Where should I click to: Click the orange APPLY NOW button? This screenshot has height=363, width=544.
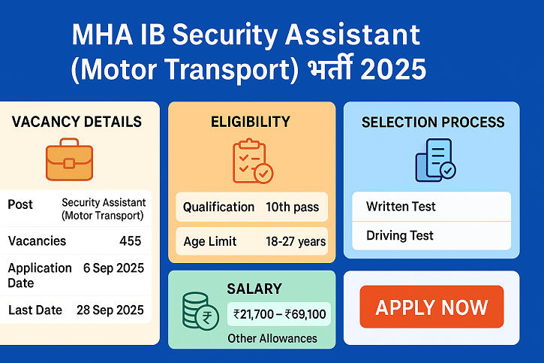pos(431,307)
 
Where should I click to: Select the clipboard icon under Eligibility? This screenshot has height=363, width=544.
pos(252,161)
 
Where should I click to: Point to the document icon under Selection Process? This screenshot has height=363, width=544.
pos(434,159)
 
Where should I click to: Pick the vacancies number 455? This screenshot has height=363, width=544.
pos(130,241)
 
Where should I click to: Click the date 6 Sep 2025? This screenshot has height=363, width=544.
pos(114,268)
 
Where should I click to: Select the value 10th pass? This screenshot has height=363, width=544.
pos(292,207)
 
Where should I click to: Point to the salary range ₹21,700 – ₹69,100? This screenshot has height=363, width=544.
pos(280,314)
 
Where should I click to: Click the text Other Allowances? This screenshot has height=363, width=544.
pos(272,338)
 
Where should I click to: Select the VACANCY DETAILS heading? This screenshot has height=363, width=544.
pos(77,122)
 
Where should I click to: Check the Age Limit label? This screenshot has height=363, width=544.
pos(210,241)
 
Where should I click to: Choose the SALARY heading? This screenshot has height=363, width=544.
pos(254,289)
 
